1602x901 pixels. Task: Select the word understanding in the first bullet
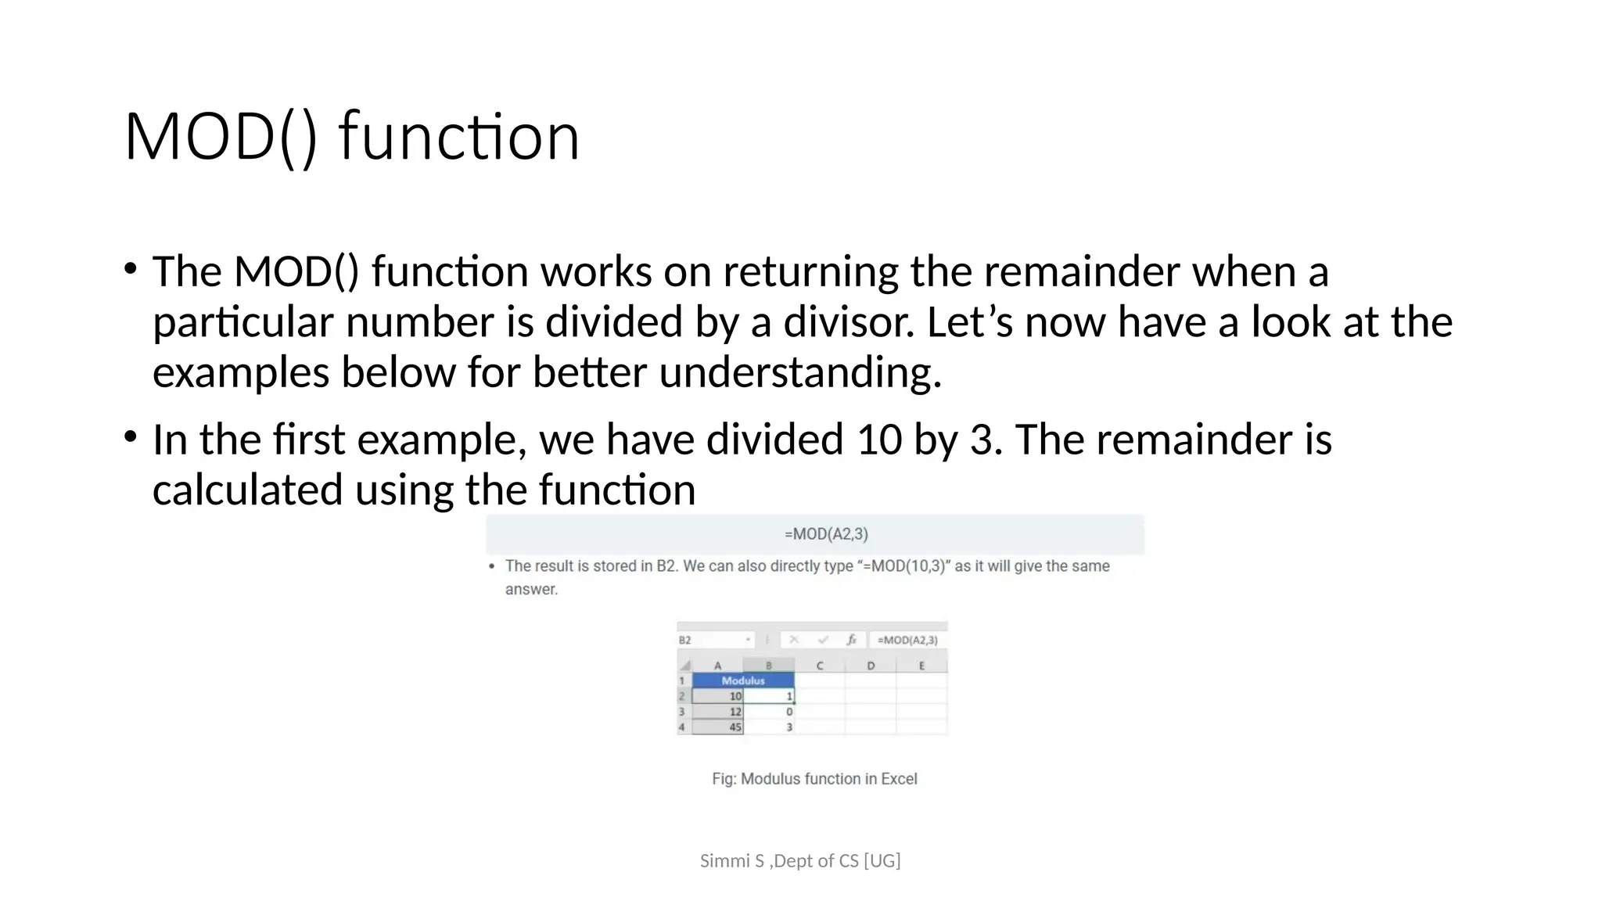coord(799,372)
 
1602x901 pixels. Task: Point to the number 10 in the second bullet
coord(878,440)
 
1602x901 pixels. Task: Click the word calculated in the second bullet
coord(247,490)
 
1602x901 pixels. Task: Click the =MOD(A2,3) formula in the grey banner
coord(826,534)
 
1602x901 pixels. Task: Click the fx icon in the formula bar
coord(852,640)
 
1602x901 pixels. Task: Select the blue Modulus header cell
coord(742,680)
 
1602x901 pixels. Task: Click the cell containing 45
coord(718,727)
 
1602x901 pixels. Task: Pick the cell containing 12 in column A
coord(718,712)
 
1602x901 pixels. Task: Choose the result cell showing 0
coord(769,712)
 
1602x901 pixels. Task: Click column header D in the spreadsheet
coord(871,666)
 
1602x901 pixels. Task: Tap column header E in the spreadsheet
coord(921,666)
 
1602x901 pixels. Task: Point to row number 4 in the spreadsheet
coord(682,727)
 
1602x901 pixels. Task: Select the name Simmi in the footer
coord(720,861)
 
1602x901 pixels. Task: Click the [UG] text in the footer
coord(882,861)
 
